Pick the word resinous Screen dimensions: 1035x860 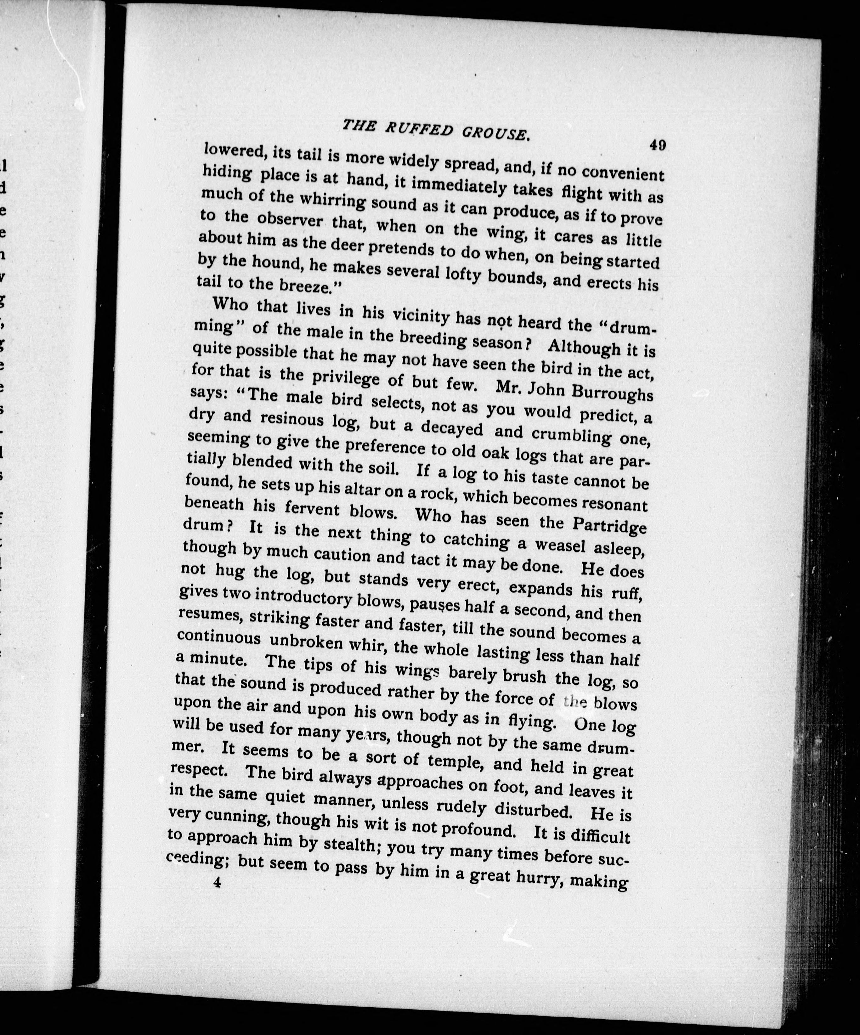click(x=292, y=418)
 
